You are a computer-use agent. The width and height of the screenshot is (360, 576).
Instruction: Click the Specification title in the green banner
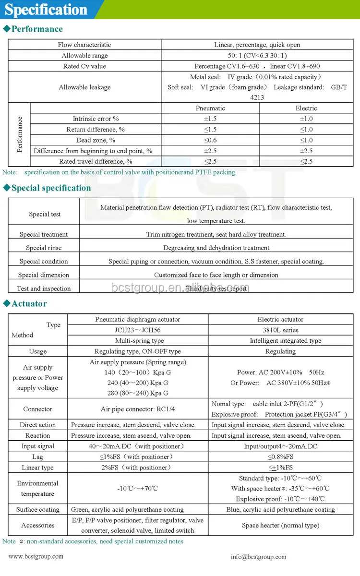pyautogui.click(x=46, y=10)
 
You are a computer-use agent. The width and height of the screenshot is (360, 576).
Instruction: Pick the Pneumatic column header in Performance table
pyautogui.click(x=210, y=108)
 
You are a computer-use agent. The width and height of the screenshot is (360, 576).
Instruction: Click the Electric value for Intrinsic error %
pyautogui.click(x=306, y=119)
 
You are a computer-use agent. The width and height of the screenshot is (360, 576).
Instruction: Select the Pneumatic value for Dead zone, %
pyautogui.click(x=210, y=140)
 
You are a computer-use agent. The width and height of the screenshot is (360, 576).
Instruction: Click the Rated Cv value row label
pyautogui.click(x=84, y=66)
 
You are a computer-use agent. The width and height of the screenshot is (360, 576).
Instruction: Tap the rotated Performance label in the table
pyautogui.click(x=20, y=134)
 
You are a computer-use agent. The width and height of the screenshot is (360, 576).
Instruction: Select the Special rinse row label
pyautogui.click(x=44, y=248)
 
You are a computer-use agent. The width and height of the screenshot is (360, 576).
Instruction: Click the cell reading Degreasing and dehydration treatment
pyautogui.click(x=216, y=248)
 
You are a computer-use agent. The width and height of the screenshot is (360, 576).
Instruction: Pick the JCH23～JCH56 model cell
pyautogui.click(x=137, y=330)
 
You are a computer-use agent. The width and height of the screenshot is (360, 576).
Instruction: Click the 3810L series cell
pyautogui.click(x=280, y=330)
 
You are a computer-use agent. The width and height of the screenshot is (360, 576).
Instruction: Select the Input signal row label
pyautogui.click(x=37, y=446)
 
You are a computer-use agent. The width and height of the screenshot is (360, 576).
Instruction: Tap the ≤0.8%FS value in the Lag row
pyautogui.click(x=280, y=457)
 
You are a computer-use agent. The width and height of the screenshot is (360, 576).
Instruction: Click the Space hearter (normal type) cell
pyautogui.click(x=280, y=525)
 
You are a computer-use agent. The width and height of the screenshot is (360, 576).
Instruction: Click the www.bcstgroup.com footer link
pyautogui.click(x=36, y=556)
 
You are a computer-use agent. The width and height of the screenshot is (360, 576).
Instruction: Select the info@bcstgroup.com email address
pyautogui.click(x=258, y=557)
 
